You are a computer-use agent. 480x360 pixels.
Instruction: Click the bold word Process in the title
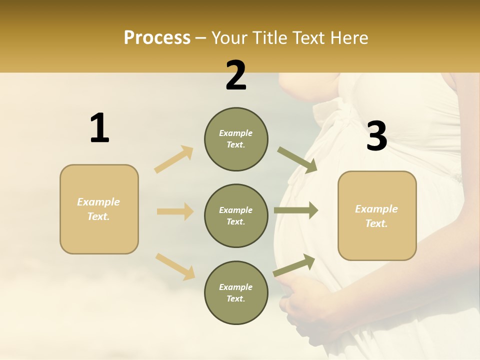click(x=157, y=38)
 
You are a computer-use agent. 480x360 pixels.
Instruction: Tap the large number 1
click(x=99, y=128)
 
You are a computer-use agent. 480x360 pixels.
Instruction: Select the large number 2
click(x=236, y=75)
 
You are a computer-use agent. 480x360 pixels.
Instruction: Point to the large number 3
click(x=376, y=136)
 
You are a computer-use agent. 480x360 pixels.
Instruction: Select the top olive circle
click(x=236, y=139)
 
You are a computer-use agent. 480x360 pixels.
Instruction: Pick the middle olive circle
click(x=236, y=216)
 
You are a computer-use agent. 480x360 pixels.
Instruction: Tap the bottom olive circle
click(x=236, y=293)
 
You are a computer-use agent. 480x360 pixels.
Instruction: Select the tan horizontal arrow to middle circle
click(x=175, y=211)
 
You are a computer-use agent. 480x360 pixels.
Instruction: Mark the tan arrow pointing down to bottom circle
click(x=175, y=266)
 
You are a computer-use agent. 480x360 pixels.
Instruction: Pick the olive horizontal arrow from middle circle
click(x=296, y=210)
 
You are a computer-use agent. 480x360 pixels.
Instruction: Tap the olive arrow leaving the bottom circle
click(x=294, y=265)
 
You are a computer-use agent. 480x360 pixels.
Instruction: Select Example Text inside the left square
click(x=98, y=209)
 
